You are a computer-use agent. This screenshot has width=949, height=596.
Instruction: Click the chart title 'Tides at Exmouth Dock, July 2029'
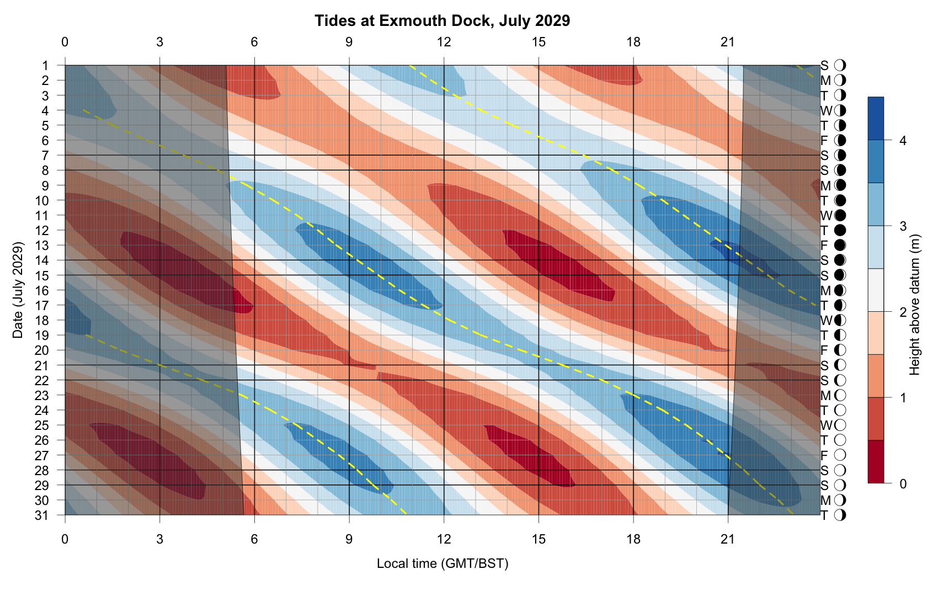442,21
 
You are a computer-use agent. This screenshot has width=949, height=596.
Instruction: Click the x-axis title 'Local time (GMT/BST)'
442,563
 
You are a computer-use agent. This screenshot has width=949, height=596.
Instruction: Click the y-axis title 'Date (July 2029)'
18,290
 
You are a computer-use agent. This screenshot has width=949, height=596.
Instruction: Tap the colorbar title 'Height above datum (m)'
915,305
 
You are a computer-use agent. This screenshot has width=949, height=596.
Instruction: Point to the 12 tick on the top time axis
444,42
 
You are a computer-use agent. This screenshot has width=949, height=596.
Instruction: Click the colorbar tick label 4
903,141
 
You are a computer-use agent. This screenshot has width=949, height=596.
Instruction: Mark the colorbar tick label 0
903,484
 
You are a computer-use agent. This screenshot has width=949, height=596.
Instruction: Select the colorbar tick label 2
903,312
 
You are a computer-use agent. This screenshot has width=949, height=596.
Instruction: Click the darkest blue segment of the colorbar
876,118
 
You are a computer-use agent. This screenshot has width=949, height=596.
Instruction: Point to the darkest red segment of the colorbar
876,462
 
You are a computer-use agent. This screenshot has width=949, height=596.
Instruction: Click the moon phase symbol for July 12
840,230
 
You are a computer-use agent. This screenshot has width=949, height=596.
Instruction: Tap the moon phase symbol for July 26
840,440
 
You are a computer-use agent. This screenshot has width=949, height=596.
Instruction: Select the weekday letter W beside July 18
825,320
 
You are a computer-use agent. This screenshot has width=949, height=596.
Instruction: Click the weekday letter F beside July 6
824,141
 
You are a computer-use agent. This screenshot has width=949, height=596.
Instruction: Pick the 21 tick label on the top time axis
728,42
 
